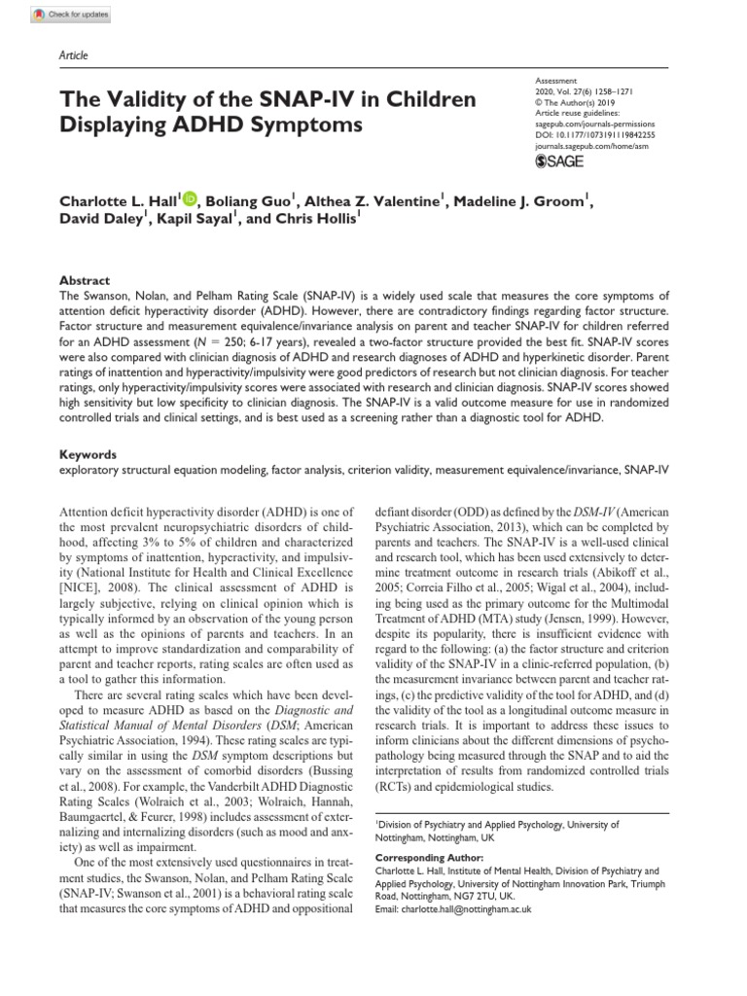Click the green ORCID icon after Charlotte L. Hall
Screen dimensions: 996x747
point(188,200)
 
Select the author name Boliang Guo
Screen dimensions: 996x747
point(251,201)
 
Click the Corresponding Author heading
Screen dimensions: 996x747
point(429,858)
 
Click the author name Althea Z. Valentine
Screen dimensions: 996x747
point(373,201)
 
